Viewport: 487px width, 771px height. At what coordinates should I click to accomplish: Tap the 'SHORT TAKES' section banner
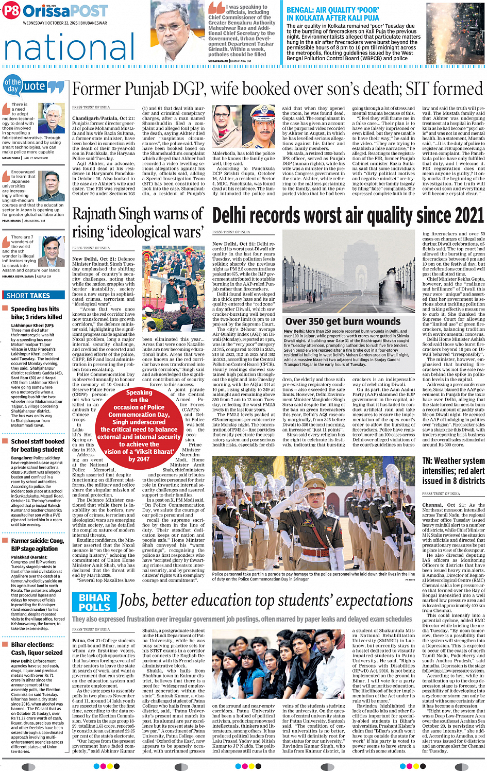click(x=29, y=296)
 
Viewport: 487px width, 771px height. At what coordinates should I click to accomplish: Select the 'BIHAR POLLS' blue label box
click(x=94, y=602)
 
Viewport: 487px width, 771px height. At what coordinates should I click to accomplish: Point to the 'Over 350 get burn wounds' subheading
click(x=343, y=321)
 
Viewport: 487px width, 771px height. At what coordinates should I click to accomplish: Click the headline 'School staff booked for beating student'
click(x=38, y=446)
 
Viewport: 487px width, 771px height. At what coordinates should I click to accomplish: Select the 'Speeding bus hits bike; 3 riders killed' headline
click(x=36, y=313)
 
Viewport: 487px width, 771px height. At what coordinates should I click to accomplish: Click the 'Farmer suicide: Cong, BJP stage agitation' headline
click(x=38, y=544)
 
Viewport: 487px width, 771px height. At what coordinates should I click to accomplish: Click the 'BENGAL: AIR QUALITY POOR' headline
click(x=332, y=13)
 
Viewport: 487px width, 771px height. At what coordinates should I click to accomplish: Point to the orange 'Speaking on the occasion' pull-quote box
click(x=139, y=425)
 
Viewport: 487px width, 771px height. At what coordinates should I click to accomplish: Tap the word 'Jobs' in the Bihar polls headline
click(x=136, y=601)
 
